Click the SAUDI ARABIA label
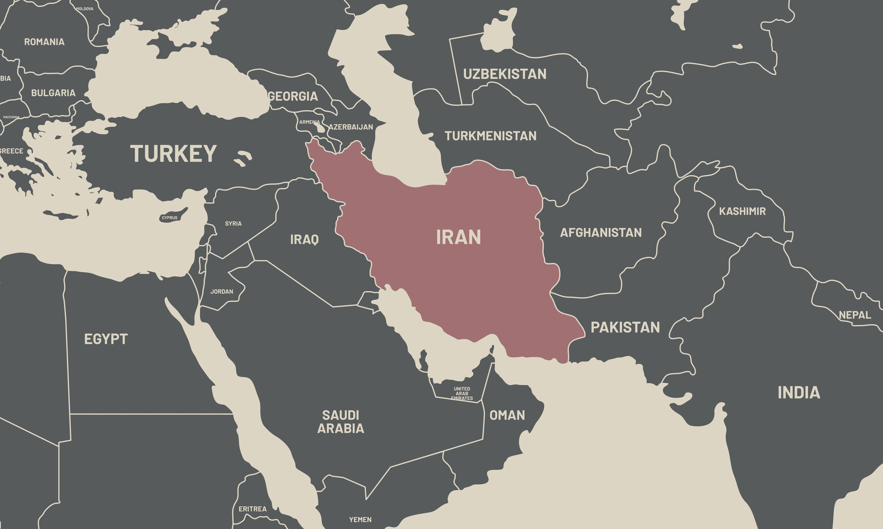click(x=341, y=422)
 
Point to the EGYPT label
click(x=106, y=339)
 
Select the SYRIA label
click(x=233, y=223)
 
